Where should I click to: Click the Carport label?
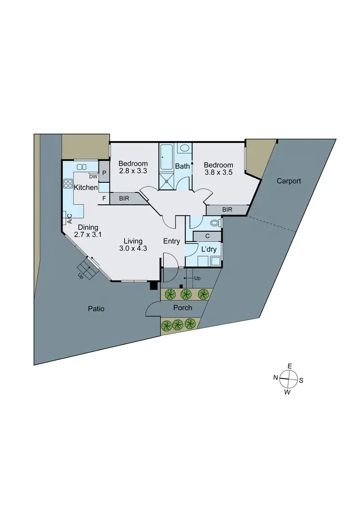(289, 181)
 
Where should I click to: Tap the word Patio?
(96, 309)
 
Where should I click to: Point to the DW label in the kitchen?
(94, 176)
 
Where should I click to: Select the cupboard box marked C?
(207, 236)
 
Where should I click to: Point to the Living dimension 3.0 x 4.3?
(133, 249)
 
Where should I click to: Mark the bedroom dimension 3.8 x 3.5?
(218, 173)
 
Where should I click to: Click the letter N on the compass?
(276, 378)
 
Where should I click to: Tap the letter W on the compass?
(288, 392)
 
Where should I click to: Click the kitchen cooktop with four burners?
(67, 184)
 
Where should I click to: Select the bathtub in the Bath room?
(167, 157)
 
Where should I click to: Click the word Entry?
(171, 241)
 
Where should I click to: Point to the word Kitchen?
(86, 187)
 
